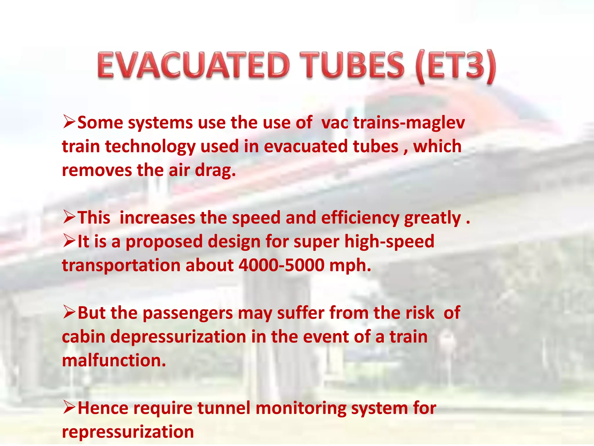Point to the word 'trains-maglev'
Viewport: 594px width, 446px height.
tap(409, 123)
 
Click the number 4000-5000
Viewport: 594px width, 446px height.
tap(281, 265)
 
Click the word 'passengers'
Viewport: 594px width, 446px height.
tap(188, 314)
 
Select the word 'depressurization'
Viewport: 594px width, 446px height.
tap(178, 337)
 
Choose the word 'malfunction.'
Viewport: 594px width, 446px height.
tap(114, 360)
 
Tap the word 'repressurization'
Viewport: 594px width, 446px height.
tap(128, 432)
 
